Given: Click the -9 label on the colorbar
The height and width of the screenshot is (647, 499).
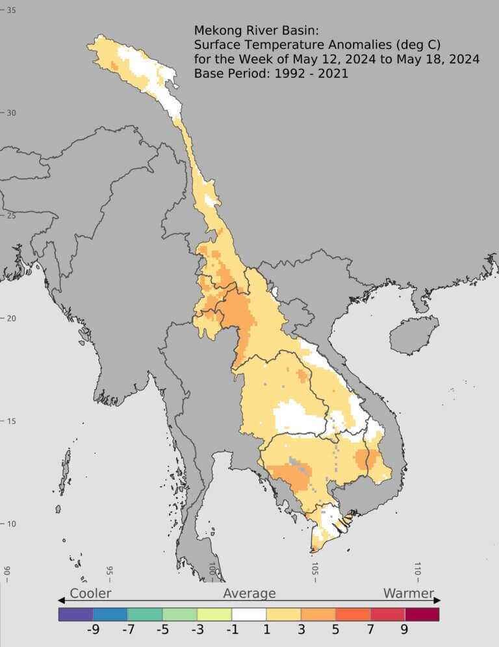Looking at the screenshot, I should (93, 630).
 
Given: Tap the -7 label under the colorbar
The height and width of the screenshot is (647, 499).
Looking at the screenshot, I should (127, 630).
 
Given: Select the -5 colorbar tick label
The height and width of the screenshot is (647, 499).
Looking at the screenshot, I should (162, 630).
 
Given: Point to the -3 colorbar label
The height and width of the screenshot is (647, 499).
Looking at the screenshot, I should (197, 630).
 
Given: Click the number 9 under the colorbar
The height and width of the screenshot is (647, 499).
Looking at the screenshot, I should (404, 630).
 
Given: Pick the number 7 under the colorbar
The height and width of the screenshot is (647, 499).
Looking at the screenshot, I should (370, 630).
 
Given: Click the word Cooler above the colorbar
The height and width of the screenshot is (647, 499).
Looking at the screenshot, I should (90, 593).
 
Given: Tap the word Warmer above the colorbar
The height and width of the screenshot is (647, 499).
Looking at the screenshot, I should (408, 593).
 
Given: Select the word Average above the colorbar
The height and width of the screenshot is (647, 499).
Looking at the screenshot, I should (249, 593).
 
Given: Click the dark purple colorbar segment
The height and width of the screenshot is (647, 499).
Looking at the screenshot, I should (75, 614).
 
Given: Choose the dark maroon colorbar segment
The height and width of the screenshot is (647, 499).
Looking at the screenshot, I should (422, 614).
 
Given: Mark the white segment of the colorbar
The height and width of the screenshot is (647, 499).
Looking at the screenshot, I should (249, 614).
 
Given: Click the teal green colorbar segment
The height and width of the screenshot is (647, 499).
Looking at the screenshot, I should (145, 614).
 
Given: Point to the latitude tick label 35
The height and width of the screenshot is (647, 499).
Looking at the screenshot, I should (11, 10).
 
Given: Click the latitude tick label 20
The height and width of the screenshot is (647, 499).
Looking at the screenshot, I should (11, 318).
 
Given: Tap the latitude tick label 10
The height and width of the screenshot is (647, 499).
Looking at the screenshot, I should (11, 524).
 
